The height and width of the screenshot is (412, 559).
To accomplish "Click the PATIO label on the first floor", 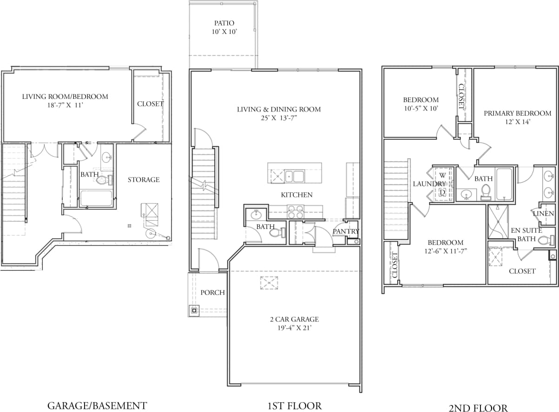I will pyautogui.click(x=224, y=23).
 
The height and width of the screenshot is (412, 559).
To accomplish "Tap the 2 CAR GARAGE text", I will pyautogui.click(x=295, y=319).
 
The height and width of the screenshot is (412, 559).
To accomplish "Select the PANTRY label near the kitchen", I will pyautogui.click(x=346, y=231).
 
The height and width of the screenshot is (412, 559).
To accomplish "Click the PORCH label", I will pyautogui.click(x=212, y=293).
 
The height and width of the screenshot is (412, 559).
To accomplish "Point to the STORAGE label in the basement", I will pyautogui.click(x=144, y=180).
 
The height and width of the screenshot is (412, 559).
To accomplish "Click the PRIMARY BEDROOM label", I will pyautogui.click(x=517, y=113).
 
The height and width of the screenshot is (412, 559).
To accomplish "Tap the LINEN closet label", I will pyautogui.click(x=543, y=213).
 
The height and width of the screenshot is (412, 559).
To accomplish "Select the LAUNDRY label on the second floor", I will pyautogui.click(x=429, y=184).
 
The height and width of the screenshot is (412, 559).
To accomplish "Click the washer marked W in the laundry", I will pyautogui.click(x=442, y=176).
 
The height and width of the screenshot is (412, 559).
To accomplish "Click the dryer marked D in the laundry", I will pyautogui.click(x=442, y=192).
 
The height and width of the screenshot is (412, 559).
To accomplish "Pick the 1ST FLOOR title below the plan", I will pyautogui.click(x=295, y=405).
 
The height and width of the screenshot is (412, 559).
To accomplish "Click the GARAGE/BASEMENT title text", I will pyautogui.click(x=97, y=405).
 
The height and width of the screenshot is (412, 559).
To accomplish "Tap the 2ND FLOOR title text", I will pyautogui.click(x=478, y=408).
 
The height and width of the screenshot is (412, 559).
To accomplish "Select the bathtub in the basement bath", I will pyautogui.click(x=96, y=198).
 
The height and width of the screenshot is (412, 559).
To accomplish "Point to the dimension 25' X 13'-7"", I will pyautogui.click(x=279, y=118).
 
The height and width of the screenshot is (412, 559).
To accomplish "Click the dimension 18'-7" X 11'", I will pyautogui.click(x=65, y=105).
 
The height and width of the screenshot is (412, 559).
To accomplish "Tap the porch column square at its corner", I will pyautogui.click(x=194, y=310).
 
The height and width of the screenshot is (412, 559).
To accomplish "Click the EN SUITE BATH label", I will pyautogui.click(x=526, y=235).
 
